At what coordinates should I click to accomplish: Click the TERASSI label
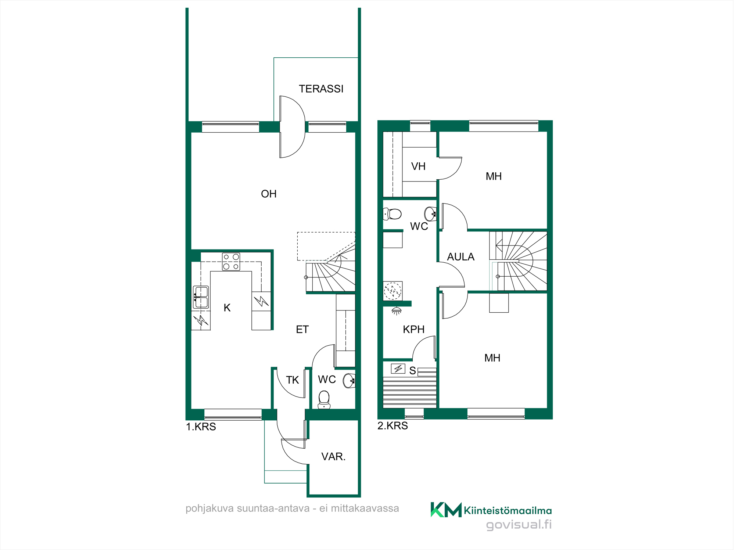click(x=321, y=89)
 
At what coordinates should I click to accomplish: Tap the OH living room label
click(x=269, y=194)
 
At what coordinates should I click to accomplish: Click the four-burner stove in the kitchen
click(x=231, y=262)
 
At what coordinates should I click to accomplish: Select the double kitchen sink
click(x=201, y=297)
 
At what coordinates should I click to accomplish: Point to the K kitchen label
click(x=227, y=308)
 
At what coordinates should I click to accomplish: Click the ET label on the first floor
click(x=302, y=330)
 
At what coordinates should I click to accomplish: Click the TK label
click(x=293, y=380)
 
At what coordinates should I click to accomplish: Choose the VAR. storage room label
click(x=333, y=457)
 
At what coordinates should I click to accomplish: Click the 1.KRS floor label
click(x=201, y=427)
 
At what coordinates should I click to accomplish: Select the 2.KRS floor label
click(x=393, y=426)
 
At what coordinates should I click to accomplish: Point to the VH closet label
click(x=418, y=166)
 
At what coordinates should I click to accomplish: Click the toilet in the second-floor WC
click(x=392, y=214)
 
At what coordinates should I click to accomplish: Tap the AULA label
click(x=461, y=257)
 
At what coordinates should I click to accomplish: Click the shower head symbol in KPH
click(x=397, y=311)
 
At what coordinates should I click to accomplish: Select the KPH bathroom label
click(x=414, y=330)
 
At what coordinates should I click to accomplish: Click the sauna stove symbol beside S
click(x=398, y=369)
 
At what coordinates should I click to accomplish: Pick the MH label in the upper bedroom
click(x=494, y=176)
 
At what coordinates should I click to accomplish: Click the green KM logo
click(x=446, y=510)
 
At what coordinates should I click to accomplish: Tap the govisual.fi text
click(x=519, y=525)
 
